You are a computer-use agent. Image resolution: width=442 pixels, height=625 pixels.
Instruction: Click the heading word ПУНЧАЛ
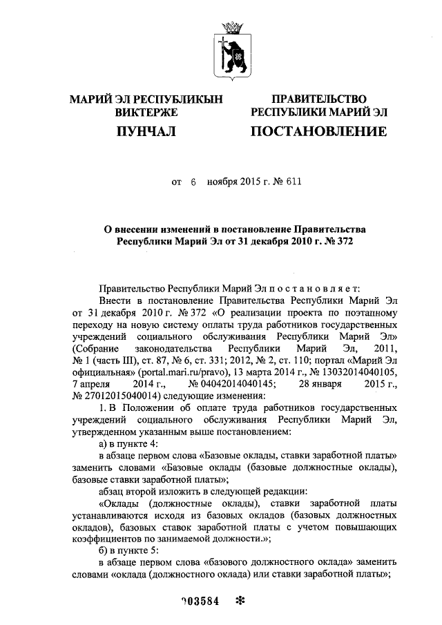click(x=146, y=131)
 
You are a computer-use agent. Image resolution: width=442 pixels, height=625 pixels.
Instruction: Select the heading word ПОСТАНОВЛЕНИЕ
click(x=318, y=131)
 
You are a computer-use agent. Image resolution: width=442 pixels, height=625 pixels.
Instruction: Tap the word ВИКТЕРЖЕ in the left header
click(x=146, y=112)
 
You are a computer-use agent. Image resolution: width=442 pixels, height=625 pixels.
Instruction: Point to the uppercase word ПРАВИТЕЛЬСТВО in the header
click(x=319, y=99)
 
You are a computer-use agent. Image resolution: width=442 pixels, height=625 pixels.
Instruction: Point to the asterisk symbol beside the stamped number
click(x=241, y=600)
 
